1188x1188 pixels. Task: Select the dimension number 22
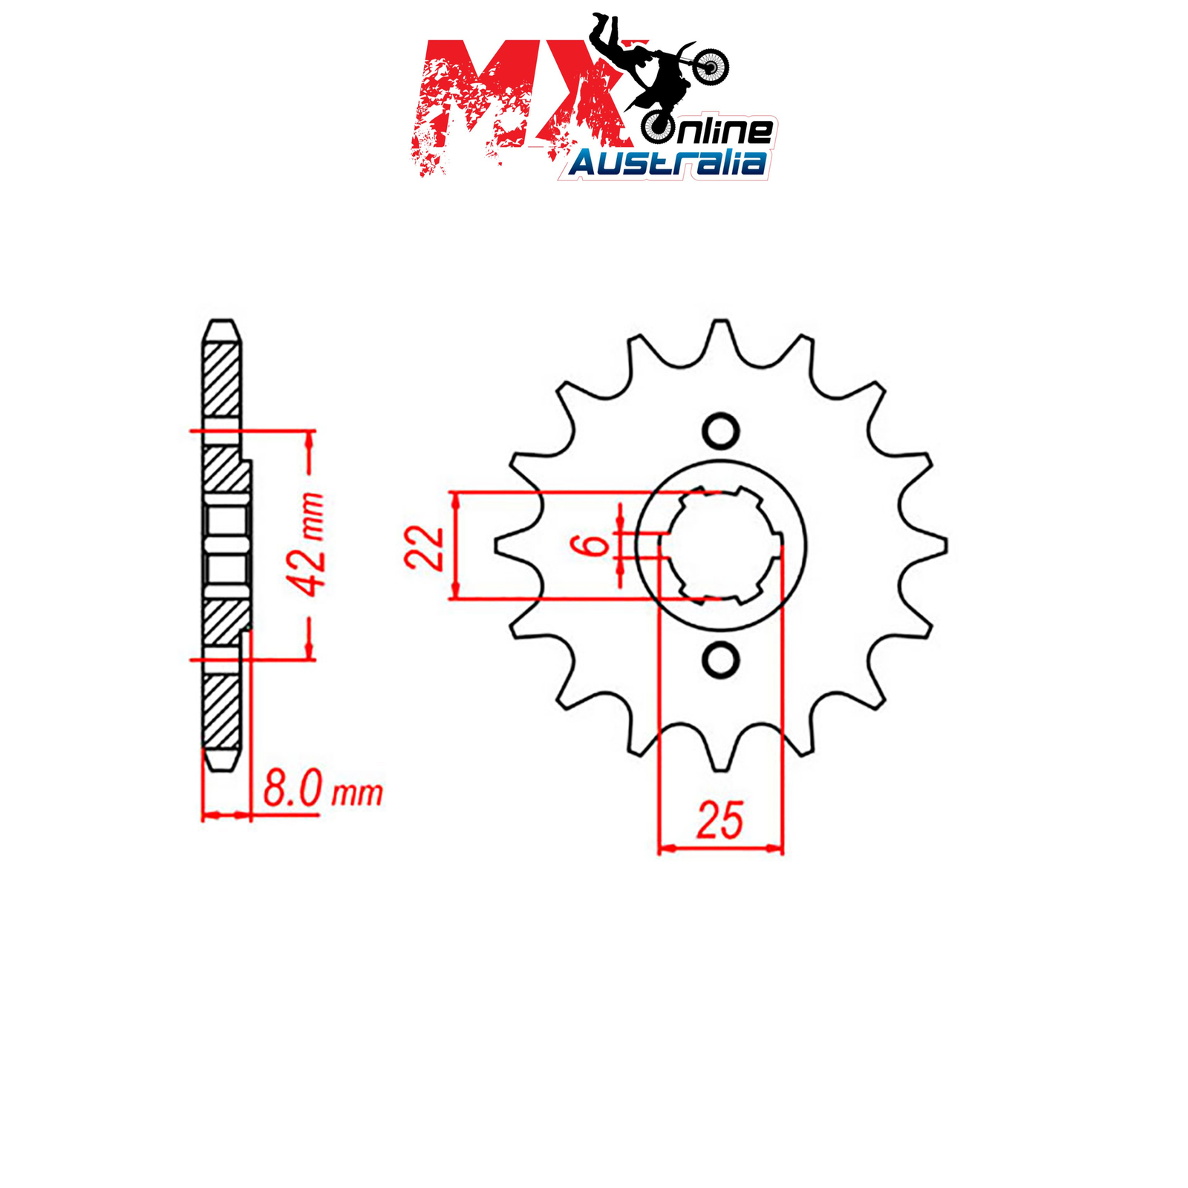coord(424,547)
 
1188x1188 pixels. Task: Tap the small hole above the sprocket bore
coord(720,431)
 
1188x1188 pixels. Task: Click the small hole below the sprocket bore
coord(720,660)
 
